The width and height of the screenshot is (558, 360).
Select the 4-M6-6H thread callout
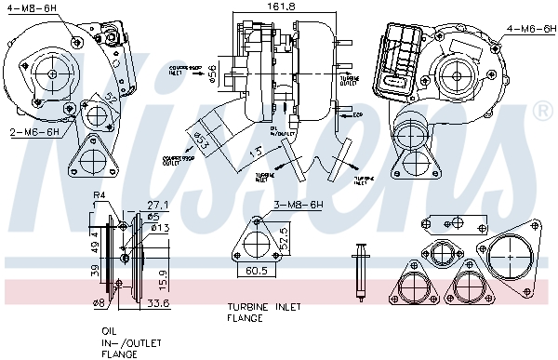(x=530, y=29)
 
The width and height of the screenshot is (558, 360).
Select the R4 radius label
(x=100, y=195)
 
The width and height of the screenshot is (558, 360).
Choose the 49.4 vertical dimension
(x=94, y=244)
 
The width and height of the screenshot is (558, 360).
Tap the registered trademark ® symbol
(x=542, y=112)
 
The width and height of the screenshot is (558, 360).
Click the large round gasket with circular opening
(x=510, y=256)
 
